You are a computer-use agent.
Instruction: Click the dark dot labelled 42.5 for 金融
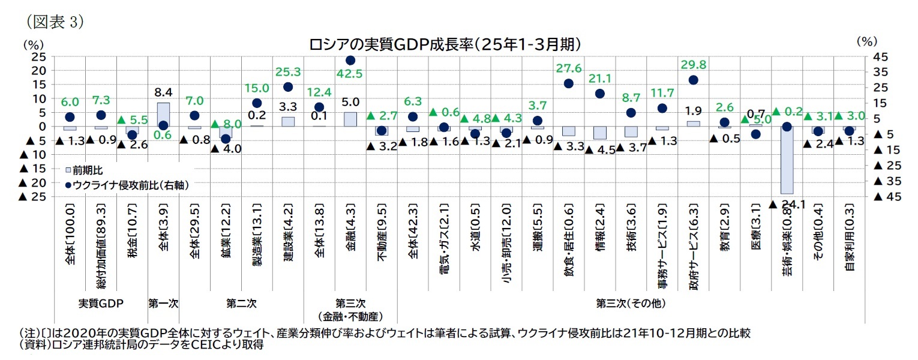350,60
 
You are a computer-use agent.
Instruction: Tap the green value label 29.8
693,64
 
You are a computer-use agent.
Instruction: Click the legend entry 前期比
82,171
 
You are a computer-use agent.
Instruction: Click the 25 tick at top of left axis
38,56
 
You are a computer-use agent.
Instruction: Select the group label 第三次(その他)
631,304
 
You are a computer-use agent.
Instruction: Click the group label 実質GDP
101,304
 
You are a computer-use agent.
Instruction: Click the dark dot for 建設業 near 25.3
288,87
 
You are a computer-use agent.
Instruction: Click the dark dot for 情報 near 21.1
599,94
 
